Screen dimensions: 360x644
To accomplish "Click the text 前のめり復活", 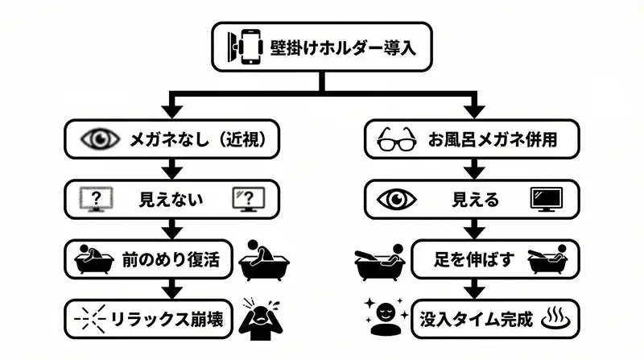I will (x=171, y=259).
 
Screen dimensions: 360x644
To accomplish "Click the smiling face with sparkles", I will (x=382, y=315).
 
